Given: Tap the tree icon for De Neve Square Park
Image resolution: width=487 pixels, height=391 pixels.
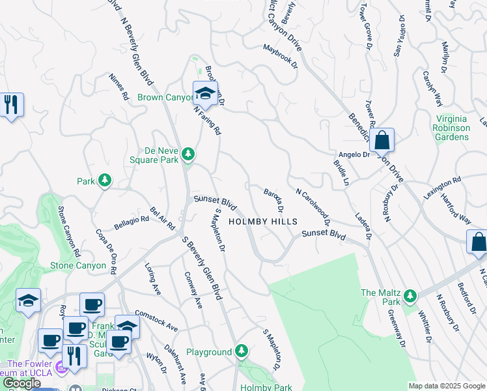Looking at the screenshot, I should pyautogui.click(x=188, y=154).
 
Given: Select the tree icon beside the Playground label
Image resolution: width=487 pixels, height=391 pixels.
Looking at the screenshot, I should pyautogui.click(x=242, y=351).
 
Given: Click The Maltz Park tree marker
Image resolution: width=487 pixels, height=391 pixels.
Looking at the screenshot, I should pyautogui.click(x=410, y=297).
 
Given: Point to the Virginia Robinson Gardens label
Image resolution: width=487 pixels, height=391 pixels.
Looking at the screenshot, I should pyautogui.click(x=451, y=128).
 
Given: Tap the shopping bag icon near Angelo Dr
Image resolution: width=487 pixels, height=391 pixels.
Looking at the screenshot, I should pyautogui.click(x=383, y=139).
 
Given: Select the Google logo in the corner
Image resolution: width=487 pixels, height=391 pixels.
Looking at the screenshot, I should pyautogui.click(x=22, y=383).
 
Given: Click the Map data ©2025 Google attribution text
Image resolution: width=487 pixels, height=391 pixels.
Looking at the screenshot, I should pyautogui.click(x=446, y=386).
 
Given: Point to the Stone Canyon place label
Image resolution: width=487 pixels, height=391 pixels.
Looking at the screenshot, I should pyautogui.click(x=77, y=265).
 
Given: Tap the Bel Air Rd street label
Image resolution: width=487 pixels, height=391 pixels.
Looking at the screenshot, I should pyautogui.click(x=163, y=218).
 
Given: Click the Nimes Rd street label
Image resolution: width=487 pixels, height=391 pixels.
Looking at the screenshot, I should pyautogui.click(x=120, y=86).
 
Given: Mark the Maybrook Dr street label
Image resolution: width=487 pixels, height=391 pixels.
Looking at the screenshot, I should pyautogui.click(x=280, y=56).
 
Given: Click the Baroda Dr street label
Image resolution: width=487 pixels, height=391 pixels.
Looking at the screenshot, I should pyautogui.click(x=273, y=199).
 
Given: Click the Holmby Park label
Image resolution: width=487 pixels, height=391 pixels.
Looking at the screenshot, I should pyautogui.click(x=265, y=387).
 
